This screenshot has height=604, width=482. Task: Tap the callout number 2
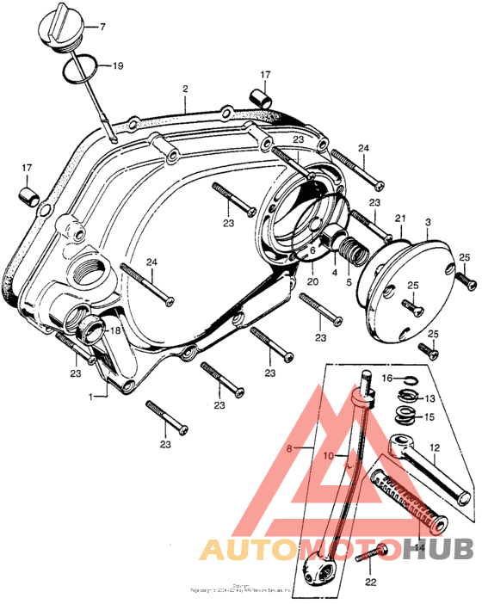(184, 89)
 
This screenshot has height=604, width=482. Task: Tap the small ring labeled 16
(412, 379)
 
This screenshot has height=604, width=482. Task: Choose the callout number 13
(429, 398)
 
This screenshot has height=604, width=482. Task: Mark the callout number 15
(429, 417)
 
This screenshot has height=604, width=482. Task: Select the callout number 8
(289, 447)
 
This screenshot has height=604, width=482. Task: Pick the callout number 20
(312, 281)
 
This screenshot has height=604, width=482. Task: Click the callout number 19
(117, 65)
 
